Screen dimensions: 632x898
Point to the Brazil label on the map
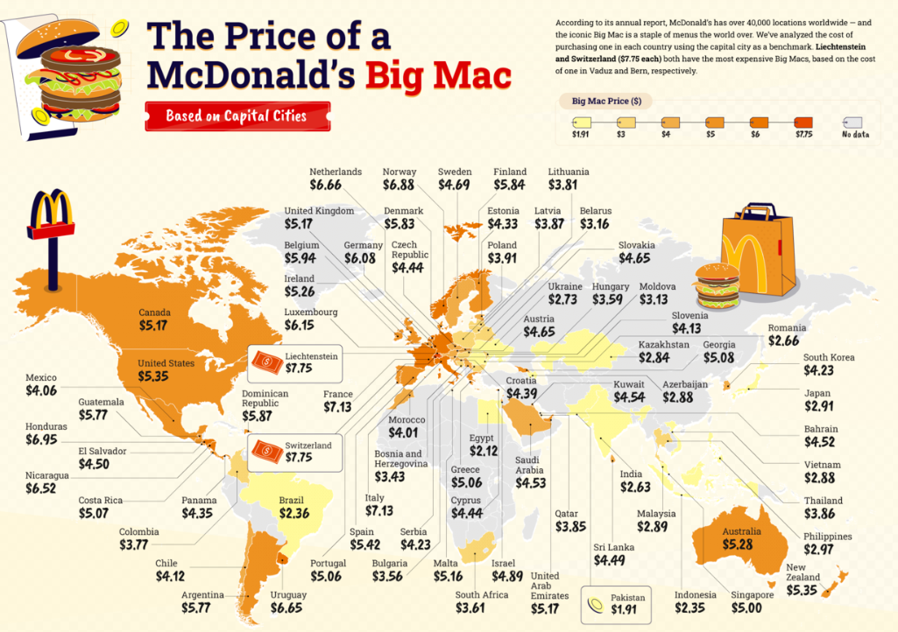coord(291,500)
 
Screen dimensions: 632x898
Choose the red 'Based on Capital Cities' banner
coord(237,116)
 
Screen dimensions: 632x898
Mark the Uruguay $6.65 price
coord(290,607)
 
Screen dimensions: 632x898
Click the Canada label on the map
coord(155,312)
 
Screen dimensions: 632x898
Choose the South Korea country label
coord(828,357)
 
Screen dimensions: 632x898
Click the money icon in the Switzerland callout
coord(265,451)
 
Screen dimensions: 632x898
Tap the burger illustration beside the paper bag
coord(717,284)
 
